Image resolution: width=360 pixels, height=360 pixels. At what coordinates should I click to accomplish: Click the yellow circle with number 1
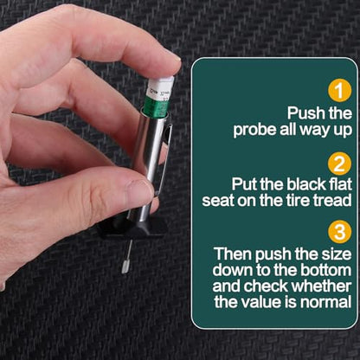(x=340, y=91)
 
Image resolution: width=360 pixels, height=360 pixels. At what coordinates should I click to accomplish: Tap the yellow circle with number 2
(x=340, y=164)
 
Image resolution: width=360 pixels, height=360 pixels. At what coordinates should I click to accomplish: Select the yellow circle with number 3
(x=340, y=232)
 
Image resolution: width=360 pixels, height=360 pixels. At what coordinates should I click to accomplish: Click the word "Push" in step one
(x=301, y=112)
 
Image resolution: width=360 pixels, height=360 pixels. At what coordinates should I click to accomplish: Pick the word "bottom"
(x=325, y=270)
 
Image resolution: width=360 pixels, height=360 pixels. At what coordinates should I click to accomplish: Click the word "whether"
(x=321, y=286)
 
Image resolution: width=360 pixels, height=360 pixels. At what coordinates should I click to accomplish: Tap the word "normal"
(x=325, y=302)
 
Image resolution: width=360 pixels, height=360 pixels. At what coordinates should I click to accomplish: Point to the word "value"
(x=257, y=302)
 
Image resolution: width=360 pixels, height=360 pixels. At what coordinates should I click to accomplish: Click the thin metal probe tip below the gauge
(x=127, y=258)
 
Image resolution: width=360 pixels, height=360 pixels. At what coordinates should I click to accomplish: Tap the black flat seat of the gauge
(x=132, y=228)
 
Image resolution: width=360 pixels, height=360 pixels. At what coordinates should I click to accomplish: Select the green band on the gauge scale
(x=156, y=106)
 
